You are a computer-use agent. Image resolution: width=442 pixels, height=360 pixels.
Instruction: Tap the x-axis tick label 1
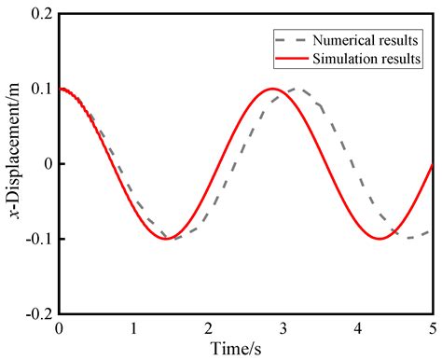click(x=134, y=328)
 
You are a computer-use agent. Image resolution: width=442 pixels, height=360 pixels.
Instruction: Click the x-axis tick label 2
click(x=209, y=328)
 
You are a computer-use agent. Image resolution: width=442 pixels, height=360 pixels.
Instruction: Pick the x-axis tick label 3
click(x=284, y=328)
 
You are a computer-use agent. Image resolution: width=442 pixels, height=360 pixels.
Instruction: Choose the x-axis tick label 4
click(x=359, y=328)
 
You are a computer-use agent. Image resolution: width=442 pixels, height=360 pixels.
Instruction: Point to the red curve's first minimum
click(x=166, y=239)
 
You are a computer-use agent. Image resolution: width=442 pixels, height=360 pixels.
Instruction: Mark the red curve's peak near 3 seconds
click(x=273, y=89)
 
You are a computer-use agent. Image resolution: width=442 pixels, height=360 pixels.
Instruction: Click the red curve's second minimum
click(x=380, y=239)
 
